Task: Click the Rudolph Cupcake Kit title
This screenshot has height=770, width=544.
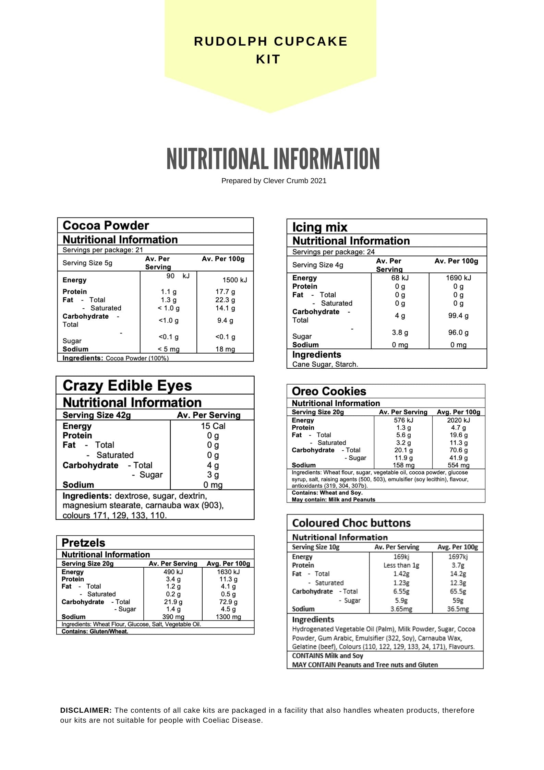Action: (x=270, y=50)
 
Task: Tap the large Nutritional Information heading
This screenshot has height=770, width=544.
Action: (x=273, y=159)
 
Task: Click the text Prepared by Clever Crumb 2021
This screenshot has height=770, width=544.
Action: (x=274, y=181)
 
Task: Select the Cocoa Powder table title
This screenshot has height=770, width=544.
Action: (x=106, y=226)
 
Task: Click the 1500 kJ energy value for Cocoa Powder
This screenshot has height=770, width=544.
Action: (x=234, y=280)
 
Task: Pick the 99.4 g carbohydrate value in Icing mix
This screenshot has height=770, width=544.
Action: (x=458, y=316)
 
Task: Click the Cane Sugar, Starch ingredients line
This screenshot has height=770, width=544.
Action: (x=325, y=364)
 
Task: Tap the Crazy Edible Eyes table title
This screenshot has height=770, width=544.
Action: (x=127, y=386)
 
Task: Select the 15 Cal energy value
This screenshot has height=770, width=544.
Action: (x=213, y=426)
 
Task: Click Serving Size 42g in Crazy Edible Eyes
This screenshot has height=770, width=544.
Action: (x=97, y=415)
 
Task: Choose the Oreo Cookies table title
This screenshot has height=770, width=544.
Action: (x=329, y=391)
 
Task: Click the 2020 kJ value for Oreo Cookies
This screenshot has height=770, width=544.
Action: (x=458, y=420)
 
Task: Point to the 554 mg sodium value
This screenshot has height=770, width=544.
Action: (x=458, y=465)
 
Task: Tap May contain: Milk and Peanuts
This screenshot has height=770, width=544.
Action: (x=333, y=499)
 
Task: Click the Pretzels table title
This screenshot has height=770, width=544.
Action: (x=83, y=543)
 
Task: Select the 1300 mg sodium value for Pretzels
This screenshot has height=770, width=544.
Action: (x=228, y=617)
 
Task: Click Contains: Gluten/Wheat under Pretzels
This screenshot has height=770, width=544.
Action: (x=95, y=631)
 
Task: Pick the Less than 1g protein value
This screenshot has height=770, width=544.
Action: (x=401, y=565)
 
